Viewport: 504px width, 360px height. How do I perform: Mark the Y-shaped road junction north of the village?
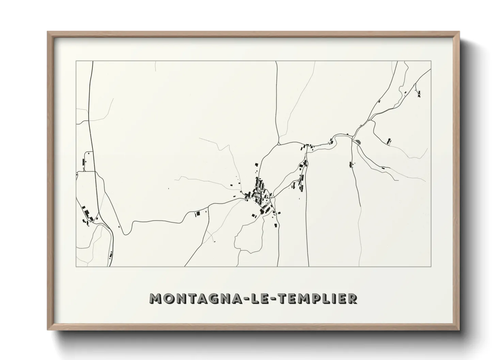click(279, 143)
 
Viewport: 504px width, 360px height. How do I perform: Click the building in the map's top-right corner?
click(419, 93)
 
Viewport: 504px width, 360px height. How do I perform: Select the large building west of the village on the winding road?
click(197, 214)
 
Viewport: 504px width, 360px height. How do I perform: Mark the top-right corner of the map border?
click(431, 61)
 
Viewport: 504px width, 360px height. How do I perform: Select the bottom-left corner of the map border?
click(76, 266)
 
